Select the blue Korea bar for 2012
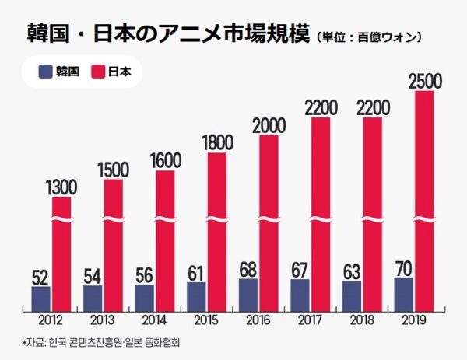(x=40, y=299)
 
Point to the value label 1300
(x=62, y=187)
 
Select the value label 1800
(x=217, y=142)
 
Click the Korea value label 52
(x=40, y=277)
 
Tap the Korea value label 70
(x=402, y=268)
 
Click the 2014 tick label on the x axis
(x=154, y=320)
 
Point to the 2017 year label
(x=310, y=320)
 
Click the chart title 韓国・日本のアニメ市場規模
(x=160, y=34)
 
